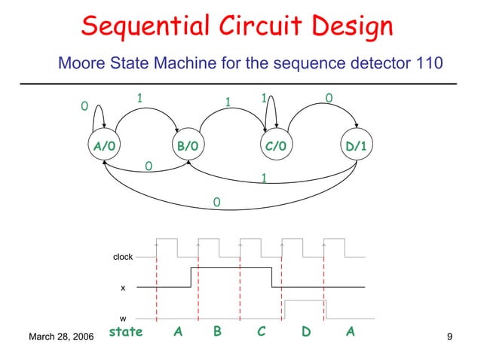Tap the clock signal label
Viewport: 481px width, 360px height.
click(122, 257)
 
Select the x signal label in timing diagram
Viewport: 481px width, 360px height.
click(123, 288)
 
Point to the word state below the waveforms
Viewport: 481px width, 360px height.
click(126, 331)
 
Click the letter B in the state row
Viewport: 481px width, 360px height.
click(217, 331)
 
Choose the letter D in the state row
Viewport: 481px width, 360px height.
click(306, 331)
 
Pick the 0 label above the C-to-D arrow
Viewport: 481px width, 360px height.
click(328, 98)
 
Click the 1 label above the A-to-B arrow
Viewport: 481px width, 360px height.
click(139, 98)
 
